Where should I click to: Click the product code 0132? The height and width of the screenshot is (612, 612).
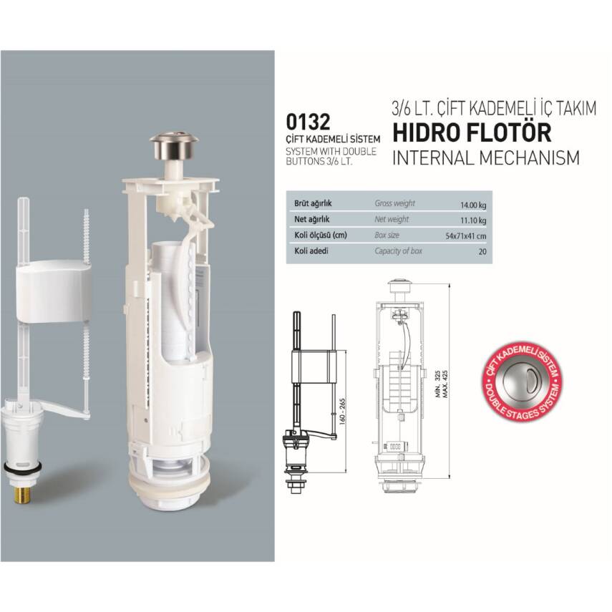point(308,122)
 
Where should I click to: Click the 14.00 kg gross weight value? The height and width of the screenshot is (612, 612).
point(473,205)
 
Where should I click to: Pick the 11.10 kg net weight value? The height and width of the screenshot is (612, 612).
point(473,220)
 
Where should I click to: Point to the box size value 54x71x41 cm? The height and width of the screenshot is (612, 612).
point(466,236)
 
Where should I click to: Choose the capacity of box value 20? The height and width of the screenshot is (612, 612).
point(482,252)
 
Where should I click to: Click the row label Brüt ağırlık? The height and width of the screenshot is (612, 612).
point(313,203)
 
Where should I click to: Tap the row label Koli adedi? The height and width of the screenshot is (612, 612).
point(311,251)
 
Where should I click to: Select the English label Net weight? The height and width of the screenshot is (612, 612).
point(392,219)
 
